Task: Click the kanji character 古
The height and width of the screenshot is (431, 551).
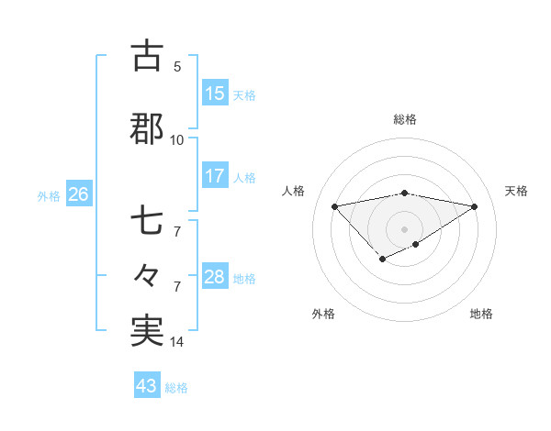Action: point(148,56)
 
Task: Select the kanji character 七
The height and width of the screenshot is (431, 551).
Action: point(148,223)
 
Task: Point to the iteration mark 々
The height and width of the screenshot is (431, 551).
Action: point(148,275)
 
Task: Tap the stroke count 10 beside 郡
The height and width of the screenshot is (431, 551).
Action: point(177,139)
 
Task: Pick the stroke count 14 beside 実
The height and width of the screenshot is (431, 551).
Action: point(177,342)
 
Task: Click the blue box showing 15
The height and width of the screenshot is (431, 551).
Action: point(214,94)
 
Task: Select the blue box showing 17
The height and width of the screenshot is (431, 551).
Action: point(214,176)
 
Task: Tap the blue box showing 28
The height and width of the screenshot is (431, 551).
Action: point(214,277)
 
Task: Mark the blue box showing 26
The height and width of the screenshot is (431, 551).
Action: point(78,194)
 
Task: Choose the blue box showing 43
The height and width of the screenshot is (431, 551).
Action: point(146,386)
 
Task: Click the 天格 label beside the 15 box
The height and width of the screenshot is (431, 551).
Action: point(244,94)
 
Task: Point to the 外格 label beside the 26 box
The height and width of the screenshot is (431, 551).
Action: point(49,195)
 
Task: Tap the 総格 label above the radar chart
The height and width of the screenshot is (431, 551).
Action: point(404,119)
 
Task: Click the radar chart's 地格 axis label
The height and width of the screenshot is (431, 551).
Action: point(481,314)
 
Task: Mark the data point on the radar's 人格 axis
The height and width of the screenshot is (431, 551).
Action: point(334,205)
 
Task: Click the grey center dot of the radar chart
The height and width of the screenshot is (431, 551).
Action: point(404,228)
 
